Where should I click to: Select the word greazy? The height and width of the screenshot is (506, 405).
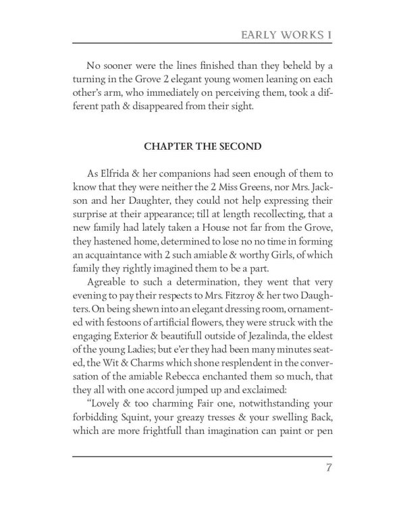pos(166,420)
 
